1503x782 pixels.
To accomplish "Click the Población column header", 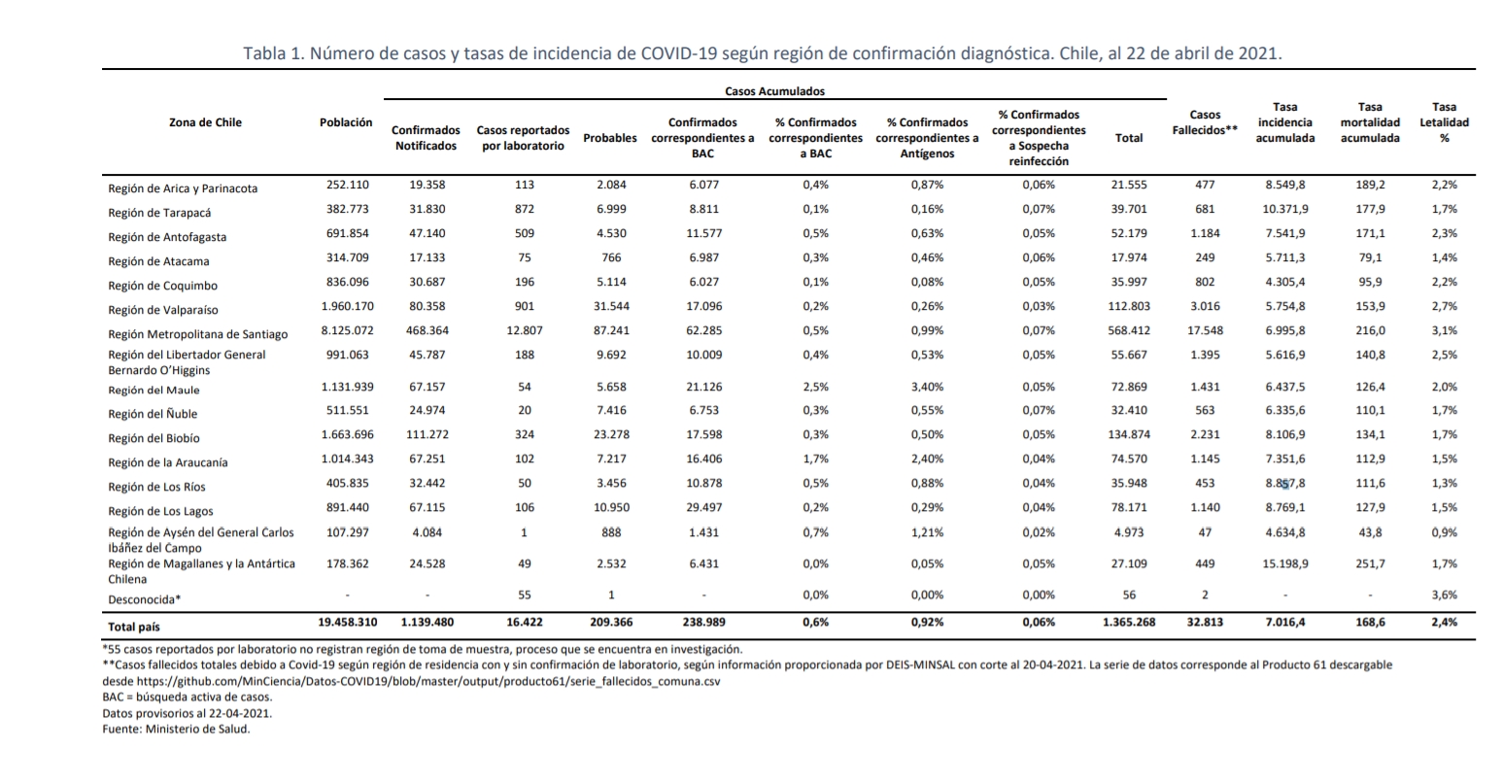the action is [346, 122].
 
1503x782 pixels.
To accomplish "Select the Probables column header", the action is [610, 138].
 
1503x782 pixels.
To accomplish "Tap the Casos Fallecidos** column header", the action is [1205, 122].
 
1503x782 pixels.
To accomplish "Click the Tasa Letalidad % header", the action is [1444, 122].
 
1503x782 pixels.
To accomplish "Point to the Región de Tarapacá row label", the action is [159, 213].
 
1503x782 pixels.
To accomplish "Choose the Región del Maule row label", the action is [154, 390].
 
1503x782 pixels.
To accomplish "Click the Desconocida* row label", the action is [144, 599].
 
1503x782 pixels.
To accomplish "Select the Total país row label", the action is [134, 628].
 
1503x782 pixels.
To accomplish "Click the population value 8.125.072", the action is [348, 330].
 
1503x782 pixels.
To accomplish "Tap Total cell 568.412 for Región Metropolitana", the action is [1129, 330].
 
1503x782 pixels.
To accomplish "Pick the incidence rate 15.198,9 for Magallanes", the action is [1285, 564].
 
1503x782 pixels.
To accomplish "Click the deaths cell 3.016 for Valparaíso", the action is [1205, 307].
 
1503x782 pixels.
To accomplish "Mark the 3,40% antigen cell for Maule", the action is [927, 387].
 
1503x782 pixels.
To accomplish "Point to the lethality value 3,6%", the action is [1445, 595].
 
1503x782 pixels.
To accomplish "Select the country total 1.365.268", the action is [1129, 623].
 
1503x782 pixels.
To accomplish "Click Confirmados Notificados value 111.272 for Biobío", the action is [427, 434].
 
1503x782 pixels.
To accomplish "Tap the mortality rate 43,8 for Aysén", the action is [1370, 532].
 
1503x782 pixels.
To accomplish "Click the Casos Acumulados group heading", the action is [775, 91].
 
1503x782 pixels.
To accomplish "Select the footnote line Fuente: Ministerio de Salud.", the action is [176, 729].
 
